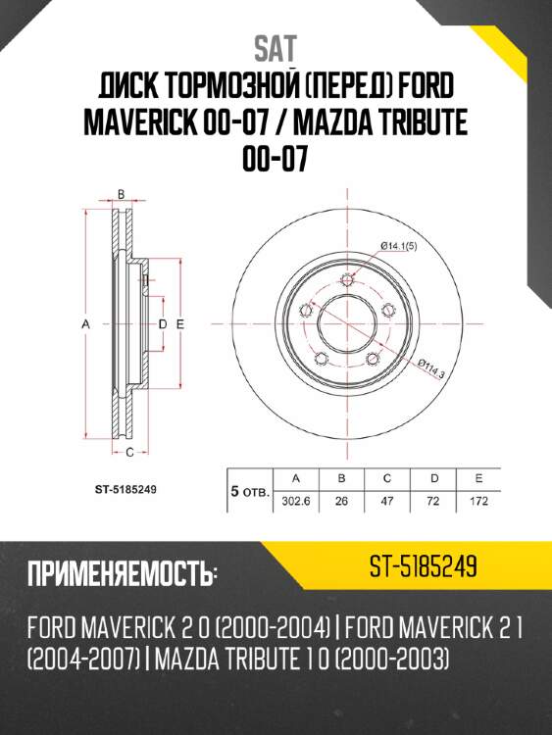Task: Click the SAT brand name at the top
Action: pyautogui.click(x=276, y=46)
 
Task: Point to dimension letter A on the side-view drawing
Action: pyautogui.click(x=86, y=322)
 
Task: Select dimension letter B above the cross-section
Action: pyautogui.click(x=121, y=194)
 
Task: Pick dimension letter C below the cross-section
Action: pyautogui.click(x=129, y=451)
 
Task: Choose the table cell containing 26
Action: pyautogui.click(x=342, y=499)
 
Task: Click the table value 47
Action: pyautogui.click(x=387, y=499)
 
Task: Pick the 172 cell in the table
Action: pyautogui.click(x=478, y=499)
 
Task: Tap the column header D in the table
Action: pyautogui.click(x=432, y=478)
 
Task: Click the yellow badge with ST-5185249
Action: pyautogui.click(x=423, y=567)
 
